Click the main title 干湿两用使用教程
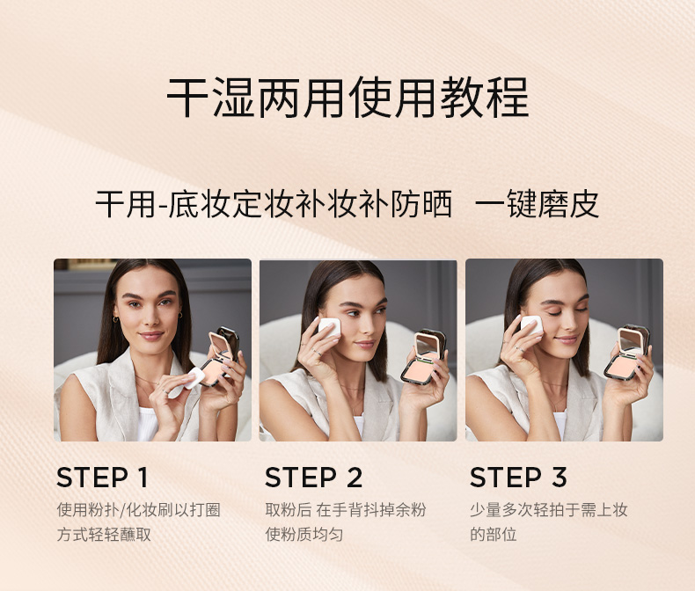click(x=347, y=98)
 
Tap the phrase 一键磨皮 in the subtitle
click(x=538, y=204)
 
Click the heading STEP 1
click(x=102, y=478)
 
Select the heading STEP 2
click(x=314, y=478)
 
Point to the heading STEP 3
click(x=518, y=478)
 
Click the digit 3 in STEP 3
click(x=560, y=478)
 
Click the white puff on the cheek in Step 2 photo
click(x=329, y=327)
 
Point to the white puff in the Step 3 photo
click(x=531, y=325)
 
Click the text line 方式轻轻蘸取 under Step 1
click(x=104, y=535)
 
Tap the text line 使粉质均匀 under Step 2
click(x=304, y=535)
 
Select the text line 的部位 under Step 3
click(x=494, y=535)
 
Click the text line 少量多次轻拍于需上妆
click(x=549, y=510)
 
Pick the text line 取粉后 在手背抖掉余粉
click(x=346, y=510)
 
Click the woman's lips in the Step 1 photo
click(x=151, y=335)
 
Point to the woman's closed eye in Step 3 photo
click(x=554, y=313)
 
